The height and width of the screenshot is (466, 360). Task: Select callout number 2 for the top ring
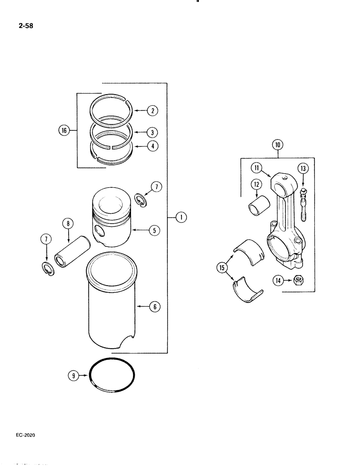152,111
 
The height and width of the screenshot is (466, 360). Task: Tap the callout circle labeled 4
152,146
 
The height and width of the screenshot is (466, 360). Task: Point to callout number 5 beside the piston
152,230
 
